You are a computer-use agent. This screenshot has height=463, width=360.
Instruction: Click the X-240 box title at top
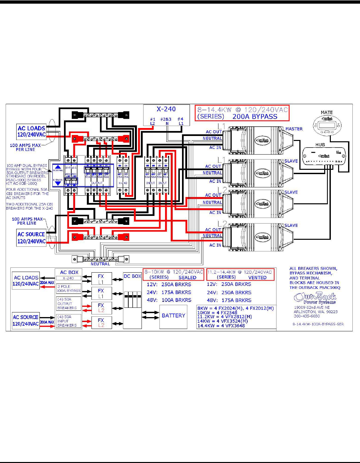coord(166,109)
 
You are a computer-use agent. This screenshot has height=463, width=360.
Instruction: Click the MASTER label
coord(294,129)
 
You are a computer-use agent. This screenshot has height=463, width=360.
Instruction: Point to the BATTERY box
coord(173,316)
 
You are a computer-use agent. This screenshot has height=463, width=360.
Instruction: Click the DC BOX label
coord(132,276)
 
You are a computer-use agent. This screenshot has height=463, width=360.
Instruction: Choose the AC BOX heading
coord(69,272)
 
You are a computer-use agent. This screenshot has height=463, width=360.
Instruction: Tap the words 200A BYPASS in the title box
coord(255,116)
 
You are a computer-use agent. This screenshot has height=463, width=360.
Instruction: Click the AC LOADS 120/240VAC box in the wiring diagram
coord(31,131)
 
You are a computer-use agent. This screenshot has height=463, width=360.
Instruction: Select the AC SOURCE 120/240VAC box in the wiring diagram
coord(31,238)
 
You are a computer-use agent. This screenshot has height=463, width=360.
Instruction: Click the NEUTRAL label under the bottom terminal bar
coord(100,264)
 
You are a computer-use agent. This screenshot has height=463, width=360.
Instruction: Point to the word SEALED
coord(187,278)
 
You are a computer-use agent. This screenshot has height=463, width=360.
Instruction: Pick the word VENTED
coord(257,278)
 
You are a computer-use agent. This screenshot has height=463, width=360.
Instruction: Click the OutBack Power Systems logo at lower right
coord(315,298)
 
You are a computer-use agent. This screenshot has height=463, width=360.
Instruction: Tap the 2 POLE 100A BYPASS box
coord(69,289)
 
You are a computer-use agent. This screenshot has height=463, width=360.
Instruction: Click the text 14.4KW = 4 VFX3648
coord(221,326)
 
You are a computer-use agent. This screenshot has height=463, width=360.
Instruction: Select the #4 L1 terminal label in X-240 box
coord(181,121)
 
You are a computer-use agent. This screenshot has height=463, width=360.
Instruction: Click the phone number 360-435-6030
coord(307,316)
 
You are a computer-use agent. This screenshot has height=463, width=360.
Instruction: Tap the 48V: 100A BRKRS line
coord(169,300)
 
